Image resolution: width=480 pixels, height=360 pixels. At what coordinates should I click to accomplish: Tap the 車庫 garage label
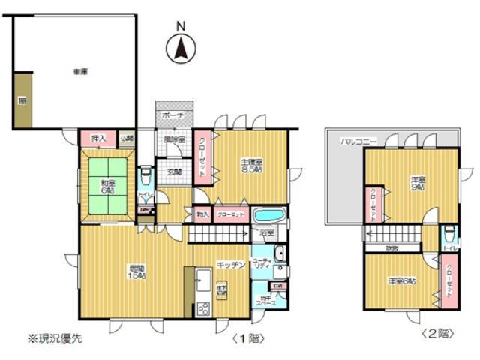tap(81, 72)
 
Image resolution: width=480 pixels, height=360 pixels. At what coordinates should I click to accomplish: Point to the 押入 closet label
tap(98, 139)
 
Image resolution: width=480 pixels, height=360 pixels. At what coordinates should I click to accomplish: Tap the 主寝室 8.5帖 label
tap(252, 166)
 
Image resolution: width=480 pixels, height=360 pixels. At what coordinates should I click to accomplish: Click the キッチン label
tap(227, 264)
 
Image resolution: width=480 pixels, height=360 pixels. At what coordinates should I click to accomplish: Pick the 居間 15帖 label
tap(135, 271)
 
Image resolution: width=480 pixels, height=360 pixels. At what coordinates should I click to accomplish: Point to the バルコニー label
tap(356, 140)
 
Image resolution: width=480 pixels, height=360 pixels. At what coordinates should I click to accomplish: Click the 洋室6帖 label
tap(403, 280)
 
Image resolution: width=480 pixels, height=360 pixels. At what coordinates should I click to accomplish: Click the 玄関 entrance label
tap(174, 172)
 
